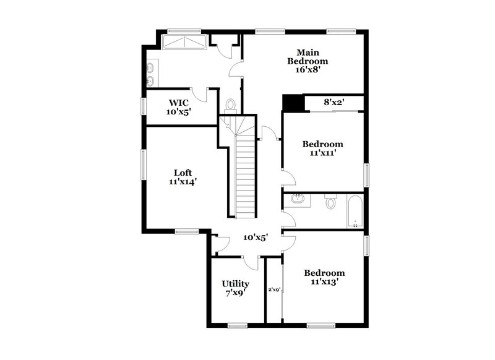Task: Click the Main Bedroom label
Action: pos(308,57)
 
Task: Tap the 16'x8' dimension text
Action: pos(308,71)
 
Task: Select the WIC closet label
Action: pos(179,103)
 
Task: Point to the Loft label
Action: pos(183,173)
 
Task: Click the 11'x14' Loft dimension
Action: pos(183,182)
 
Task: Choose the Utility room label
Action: pos(235,284)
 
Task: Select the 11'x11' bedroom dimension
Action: pos(323,153)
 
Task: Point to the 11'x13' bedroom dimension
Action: pos(324,282)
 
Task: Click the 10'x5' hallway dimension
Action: pos(255,237)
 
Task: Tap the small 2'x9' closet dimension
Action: pos(274,289)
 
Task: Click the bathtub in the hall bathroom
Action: pos(354,210)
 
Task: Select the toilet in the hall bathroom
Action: pos(330,202)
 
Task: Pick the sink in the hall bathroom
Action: pos(297,199)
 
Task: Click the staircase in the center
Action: pos(246,176)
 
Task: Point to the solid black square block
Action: pos(291,103)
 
